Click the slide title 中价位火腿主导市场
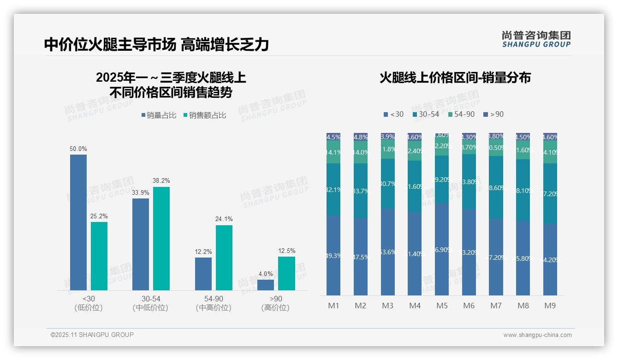click(x=110, y=45)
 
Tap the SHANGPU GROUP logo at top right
click(x=536, y=39)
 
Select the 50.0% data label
click(x=78, y=149)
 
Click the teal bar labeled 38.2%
click(x=161, y=238)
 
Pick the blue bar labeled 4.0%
click(x=265, y=285)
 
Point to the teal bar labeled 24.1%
click(x=224, y=258)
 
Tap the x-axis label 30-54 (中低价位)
click(x=150, y=303)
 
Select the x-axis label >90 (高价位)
click(x=275, y=303)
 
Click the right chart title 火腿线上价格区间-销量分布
click(x=455, y=78)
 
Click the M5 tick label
click(x=442, y=306)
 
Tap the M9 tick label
click(x=550, y=306)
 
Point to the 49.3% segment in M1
click(x=333, y=255)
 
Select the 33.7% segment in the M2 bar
click(x=360, y=191)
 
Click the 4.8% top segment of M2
click(x=360, y=137)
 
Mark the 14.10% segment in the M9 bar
click(x=550, y=152)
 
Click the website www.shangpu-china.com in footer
click(x=537, y=335)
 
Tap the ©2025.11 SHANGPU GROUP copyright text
click(x=92, y=335)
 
